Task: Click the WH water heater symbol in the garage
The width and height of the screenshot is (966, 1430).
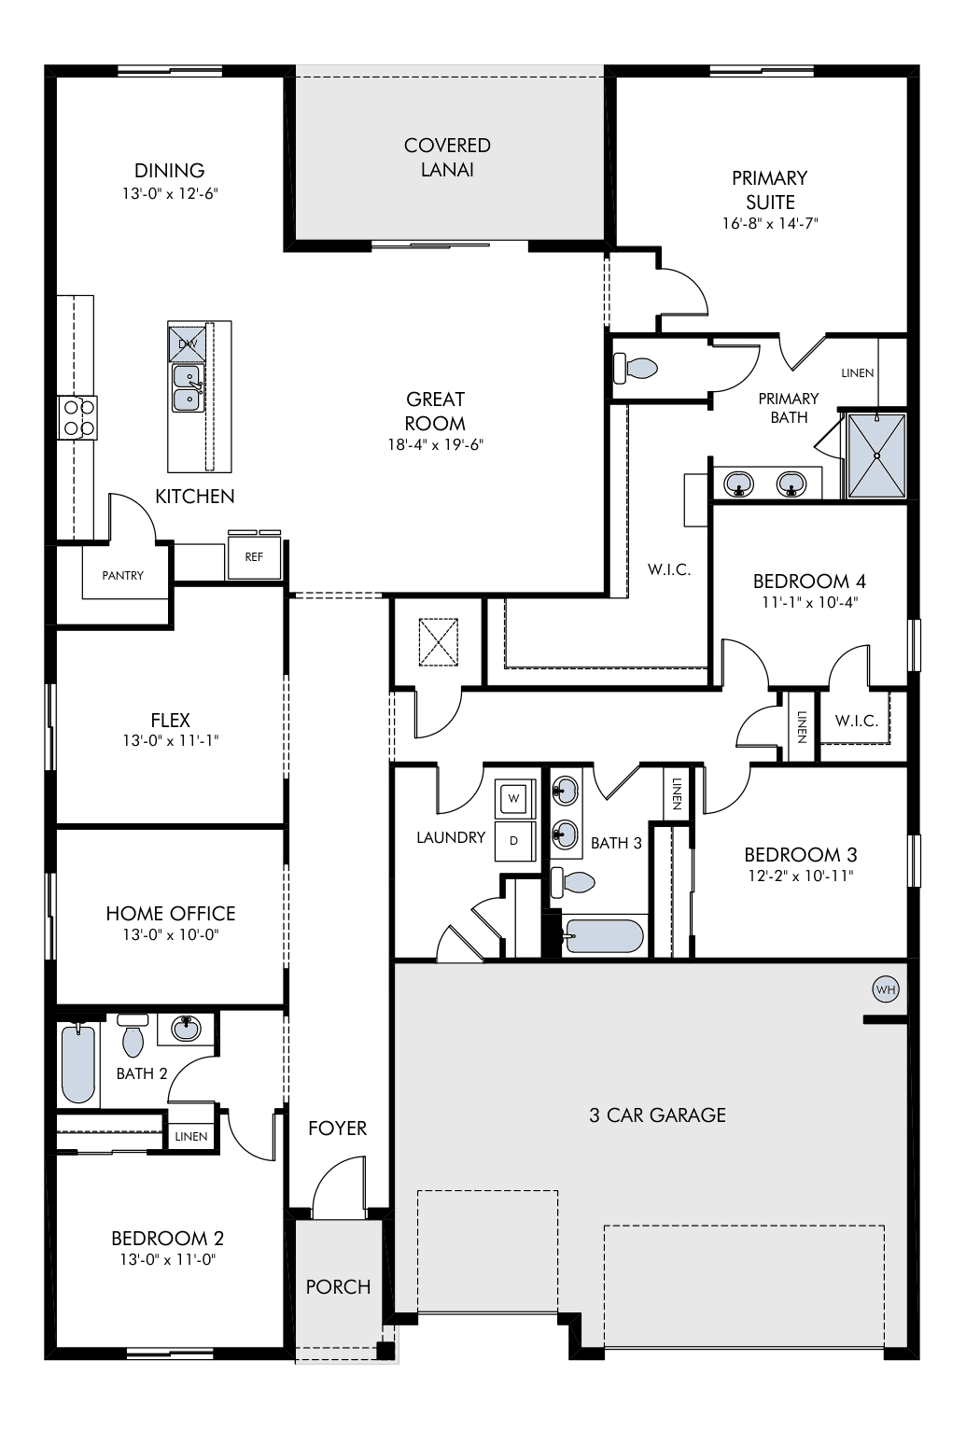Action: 886,989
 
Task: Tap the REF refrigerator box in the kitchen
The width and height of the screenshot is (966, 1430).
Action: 254,557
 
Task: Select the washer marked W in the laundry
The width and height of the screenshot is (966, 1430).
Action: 514,797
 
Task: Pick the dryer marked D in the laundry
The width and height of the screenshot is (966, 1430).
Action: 514,841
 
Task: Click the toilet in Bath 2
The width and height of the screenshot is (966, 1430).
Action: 133,1035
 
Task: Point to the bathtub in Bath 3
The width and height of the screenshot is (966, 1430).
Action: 602,936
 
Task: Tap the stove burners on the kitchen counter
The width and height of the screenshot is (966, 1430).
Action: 77,417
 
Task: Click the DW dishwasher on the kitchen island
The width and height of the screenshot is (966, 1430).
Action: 188,343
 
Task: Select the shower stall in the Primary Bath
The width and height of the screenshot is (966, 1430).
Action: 876,456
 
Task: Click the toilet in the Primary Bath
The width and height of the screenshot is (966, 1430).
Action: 636,368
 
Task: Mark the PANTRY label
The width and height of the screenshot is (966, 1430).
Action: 122,575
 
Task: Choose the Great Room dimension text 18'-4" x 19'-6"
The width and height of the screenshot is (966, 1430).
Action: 436,444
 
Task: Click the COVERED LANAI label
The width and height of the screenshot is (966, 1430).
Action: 447,157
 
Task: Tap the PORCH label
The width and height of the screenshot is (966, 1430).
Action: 338,1286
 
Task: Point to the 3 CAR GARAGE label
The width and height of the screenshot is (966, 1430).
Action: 657,1115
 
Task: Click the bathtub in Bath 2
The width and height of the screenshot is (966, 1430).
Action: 77,1063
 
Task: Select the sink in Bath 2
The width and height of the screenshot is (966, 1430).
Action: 186,1028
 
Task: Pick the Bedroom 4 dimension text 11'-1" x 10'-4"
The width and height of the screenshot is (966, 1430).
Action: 809,602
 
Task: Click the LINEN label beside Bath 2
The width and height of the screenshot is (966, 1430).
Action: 191,1136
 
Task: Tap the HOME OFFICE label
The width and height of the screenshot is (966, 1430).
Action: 171,914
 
